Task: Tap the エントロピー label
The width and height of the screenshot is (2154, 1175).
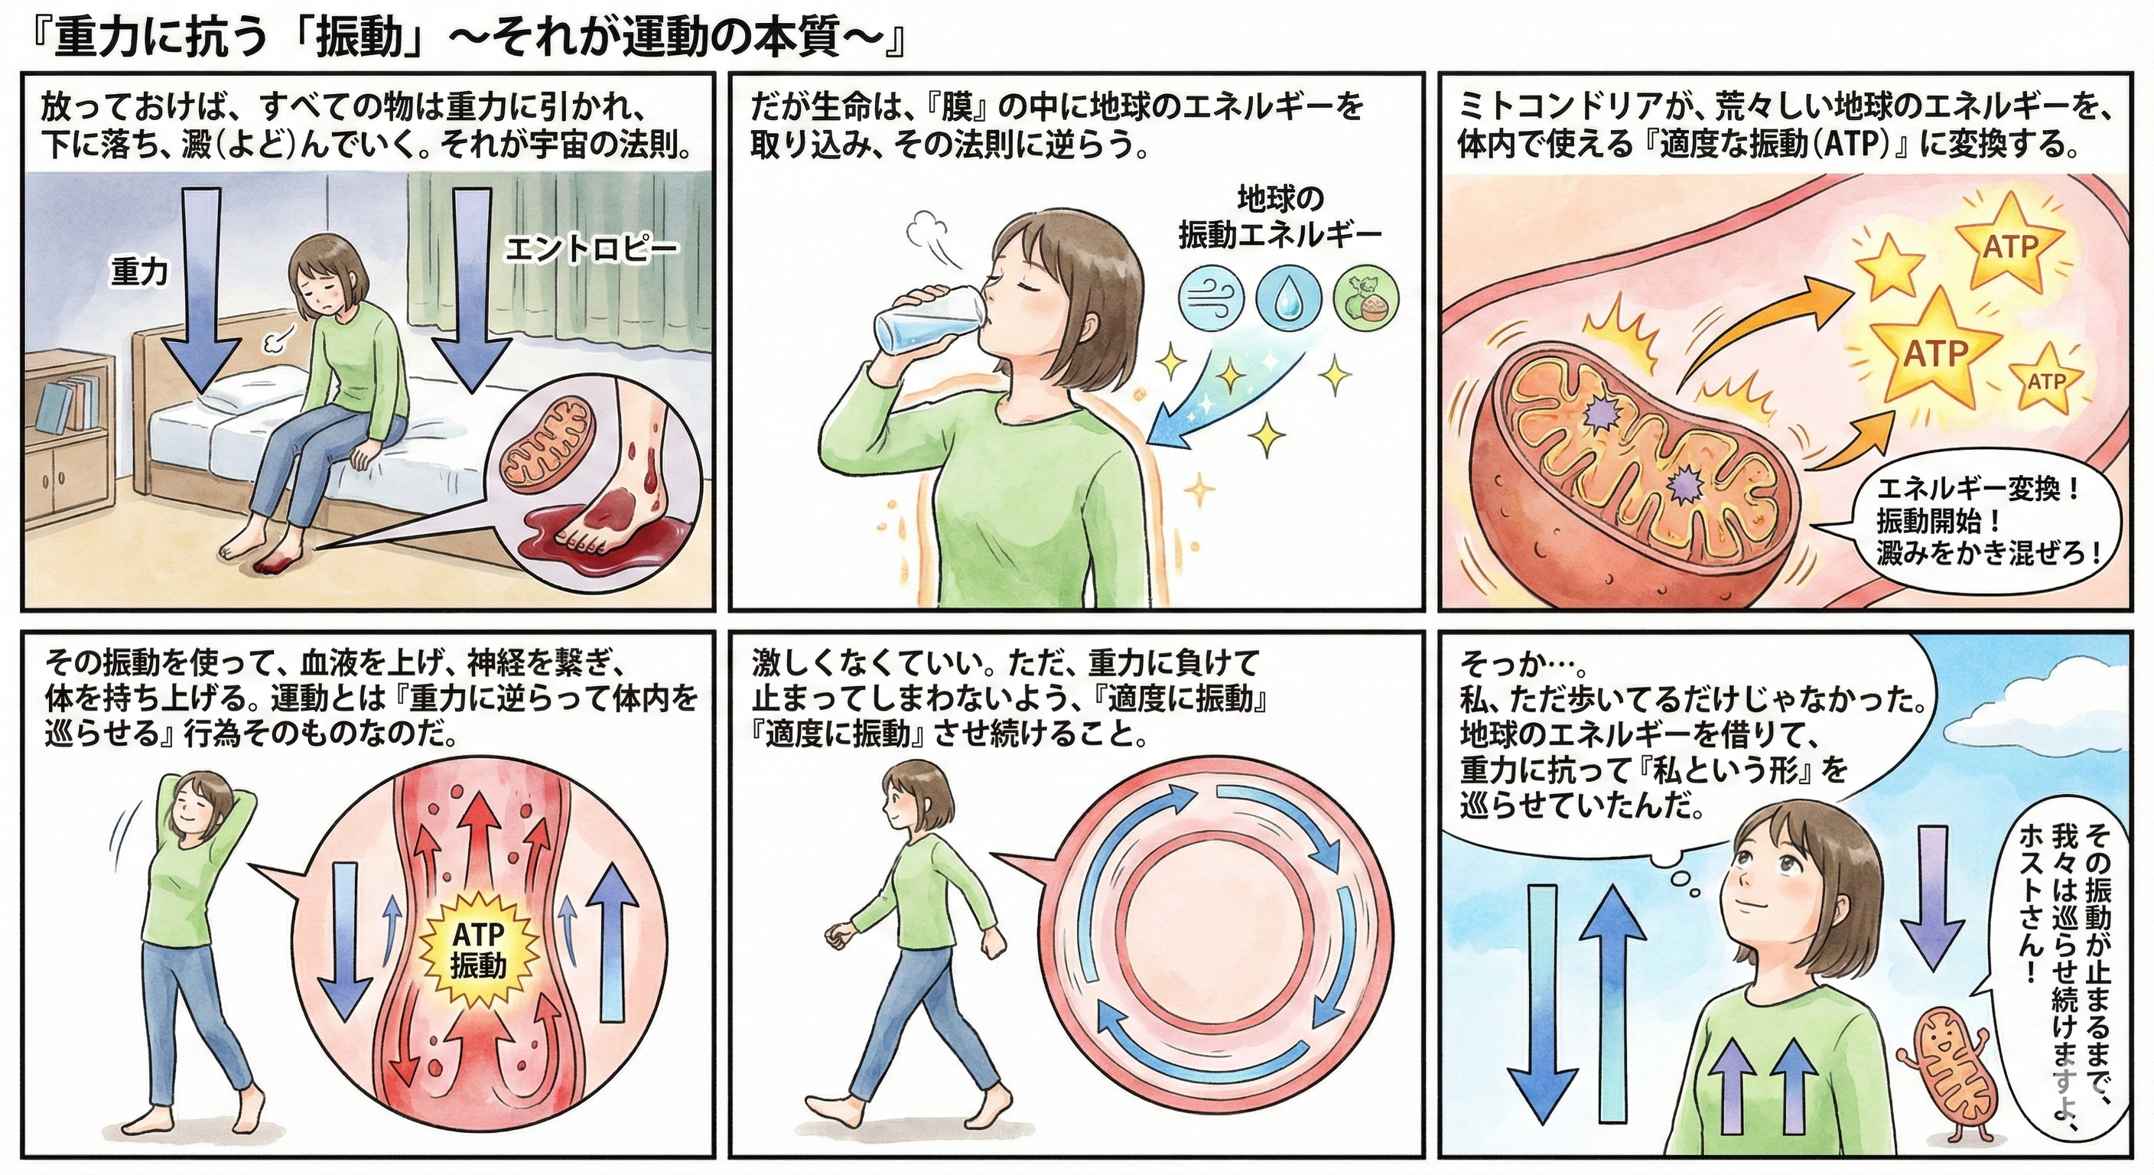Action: click(x=591, y=249)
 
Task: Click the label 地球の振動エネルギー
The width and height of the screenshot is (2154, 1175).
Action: click(x=1280, y=219)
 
